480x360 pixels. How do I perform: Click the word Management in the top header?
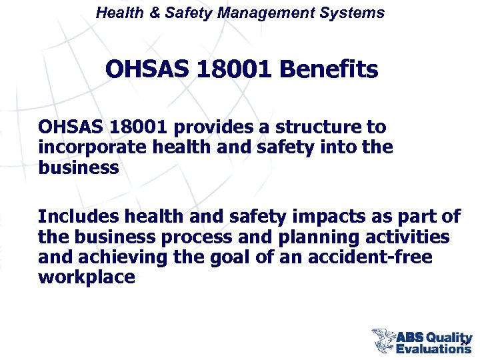click(x=261, y=12)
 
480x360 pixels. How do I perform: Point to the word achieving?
click(x=123, y=257)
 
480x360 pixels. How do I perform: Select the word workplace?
click(x=87, y=277)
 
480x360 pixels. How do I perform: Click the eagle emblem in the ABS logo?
click(x=383, y=340)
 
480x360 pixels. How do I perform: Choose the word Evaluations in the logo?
click(x=433, y=348)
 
